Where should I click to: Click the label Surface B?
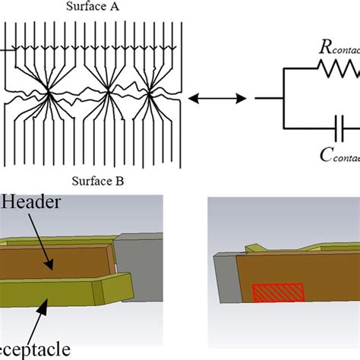tap(95, 181)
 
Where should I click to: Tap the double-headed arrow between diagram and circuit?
tap(217, 97)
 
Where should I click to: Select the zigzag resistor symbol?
tap(339, 73)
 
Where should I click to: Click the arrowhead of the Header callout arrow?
tap(52, 267)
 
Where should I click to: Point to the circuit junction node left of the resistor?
tap(283, 97)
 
